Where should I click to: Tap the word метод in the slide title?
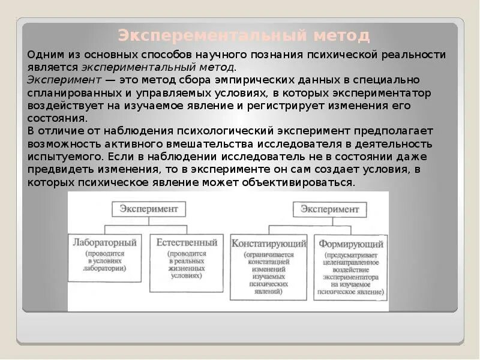[x=340, y=35]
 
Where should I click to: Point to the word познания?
[x=260, y=55]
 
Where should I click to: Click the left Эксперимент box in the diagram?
[x=149, y=209]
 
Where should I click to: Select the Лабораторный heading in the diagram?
[x=105, y=243]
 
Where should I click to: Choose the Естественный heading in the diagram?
[x=187, y=243]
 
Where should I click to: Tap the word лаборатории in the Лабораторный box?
[x=106, y=269]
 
